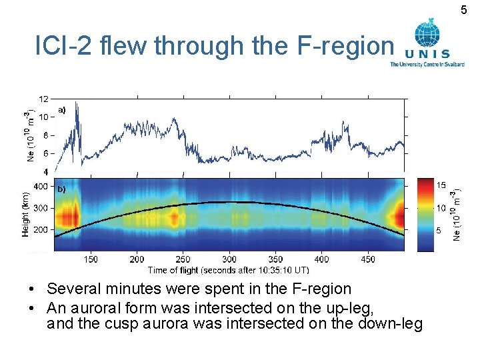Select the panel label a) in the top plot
61,109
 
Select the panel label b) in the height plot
61,189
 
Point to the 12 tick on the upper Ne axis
43,99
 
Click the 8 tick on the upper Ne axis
45,135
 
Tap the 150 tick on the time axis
90,259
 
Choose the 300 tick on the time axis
229,259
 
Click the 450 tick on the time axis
367,259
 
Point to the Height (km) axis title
25,212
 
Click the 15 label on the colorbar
441,185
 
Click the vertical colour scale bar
425,215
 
